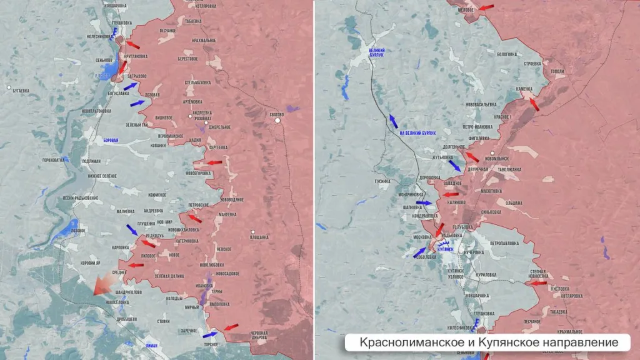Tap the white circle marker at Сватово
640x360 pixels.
coord(279,122)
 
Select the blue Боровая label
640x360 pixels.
coord(110,141)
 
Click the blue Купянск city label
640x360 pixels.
coord(446,249)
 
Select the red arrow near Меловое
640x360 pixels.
coord(485,7)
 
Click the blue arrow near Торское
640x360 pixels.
coord(211,334)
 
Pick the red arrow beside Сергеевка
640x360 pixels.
coord(214,162)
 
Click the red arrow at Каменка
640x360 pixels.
coord(532,103)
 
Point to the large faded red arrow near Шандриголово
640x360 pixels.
coord(101,286)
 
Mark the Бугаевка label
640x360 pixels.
coord(20,91)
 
